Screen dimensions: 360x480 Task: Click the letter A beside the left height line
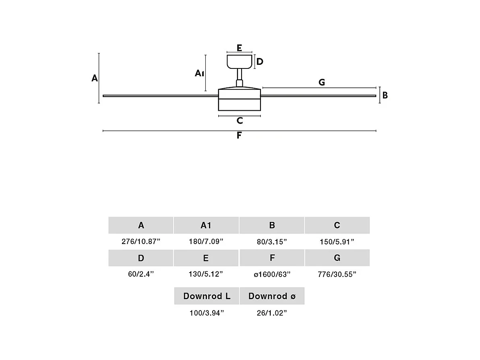click(95, 78)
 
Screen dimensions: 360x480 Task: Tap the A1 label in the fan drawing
click(200, 73)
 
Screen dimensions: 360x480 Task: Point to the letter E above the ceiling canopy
click(239, 48)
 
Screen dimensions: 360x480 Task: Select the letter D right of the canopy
click(260, 62)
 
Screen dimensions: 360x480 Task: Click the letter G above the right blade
click(321, 83)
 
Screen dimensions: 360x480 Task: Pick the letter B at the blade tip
click(385, 95)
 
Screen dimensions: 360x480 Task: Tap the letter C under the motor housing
click(240, 120)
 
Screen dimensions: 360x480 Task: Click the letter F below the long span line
click(239, 135)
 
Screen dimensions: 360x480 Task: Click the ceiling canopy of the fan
click(239, 62)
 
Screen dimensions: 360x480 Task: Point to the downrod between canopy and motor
click(240, 75)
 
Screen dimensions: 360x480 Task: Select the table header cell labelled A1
click(206, 226)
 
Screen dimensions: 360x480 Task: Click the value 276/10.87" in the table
click(141, 242)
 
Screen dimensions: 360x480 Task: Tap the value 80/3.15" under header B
click(272, 242)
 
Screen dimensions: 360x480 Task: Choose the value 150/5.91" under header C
click(337, 242)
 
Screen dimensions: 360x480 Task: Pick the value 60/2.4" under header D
click(141, 274)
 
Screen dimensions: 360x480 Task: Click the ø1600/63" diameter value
click(272, 274)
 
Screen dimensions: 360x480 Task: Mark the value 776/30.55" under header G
click(337, 274)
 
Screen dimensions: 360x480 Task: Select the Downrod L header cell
click(207, 296)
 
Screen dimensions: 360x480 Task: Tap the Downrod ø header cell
click(272, 296)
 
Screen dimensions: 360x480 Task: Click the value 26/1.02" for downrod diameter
click(272, 313)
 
